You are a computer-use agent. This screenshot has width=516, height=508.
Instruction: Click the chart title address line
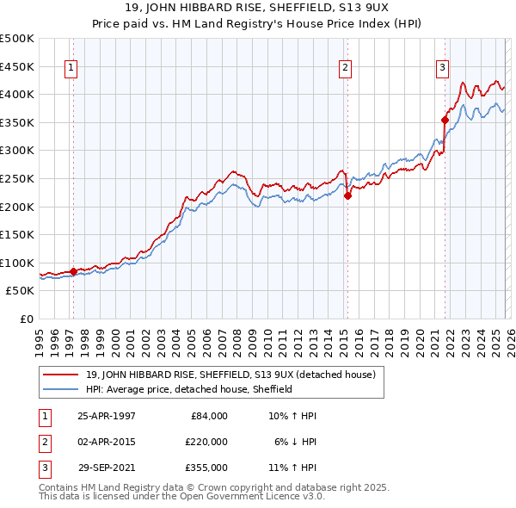coord(257,7)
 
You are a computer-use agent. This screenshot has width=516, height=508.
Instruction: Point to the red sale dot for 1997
coord(73,271)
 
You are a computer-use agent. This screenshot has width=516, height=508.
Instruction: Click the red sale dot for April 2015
coord(347,195)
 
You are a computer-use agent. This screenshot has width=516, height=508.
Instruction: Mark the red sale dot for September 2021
coord(445,120)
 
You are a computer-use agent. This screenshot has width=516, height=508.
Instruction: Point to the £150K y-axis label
coord(17,235)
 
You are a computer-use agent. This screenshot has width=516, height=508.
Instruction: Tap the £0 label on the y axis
coord(26,319)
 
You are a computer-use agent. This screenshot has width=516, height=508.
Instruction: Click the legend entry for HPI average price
coord(189,389)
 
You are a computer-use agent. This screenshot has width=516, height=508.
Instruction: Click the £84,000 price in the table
coord(209,415)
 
